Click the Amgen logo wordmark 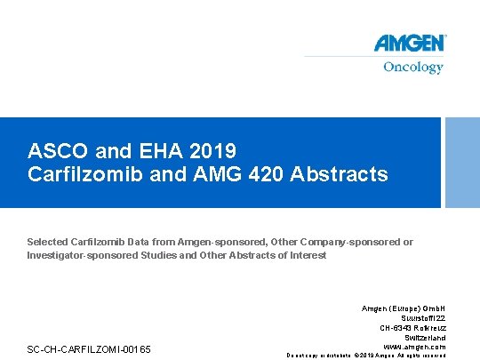pyautogui.click(x=409, y=44)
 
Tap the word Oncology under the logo pyautogui.click(x=412, y=68)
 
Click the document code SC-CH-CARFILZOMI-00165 pyautogui.click(x=89, y=348)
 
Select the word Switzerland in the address pyautogui.click(x=425, y=338)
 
